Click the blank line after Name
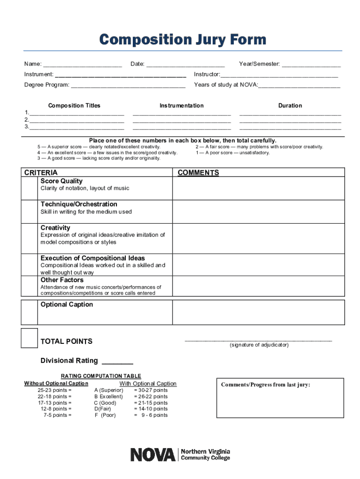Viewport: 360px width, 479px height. (83, 65)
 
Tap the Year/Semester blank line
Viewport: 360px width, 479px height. (311, 65)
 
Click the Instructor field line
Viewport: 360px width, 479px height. (280, 75)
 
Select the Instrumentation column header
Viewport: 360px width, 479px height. (181, 106)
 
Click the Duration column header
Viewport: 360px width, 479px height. (290, 106)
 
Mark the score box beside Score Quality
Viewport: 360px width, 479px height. (29, 189)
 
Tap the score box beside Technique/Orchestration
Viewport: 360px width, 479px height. (29, 211)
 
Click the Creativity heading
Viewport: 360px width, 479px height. (55, 228)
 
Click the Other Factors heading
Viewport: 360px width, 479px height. (62, 280)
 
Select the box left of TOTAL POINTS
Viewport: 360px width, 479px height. (29, 338)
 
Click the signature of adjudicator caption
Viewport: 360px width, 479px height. (259, 345)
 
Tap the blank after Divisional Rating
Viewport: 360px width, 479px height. (117, 362)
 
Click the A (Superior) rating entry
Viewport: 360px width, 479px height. (108, 390)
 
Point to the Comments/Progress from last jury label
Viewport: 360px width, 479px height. (266, 385)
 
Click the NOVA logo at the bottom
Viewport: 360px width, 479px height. (180, 454)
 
